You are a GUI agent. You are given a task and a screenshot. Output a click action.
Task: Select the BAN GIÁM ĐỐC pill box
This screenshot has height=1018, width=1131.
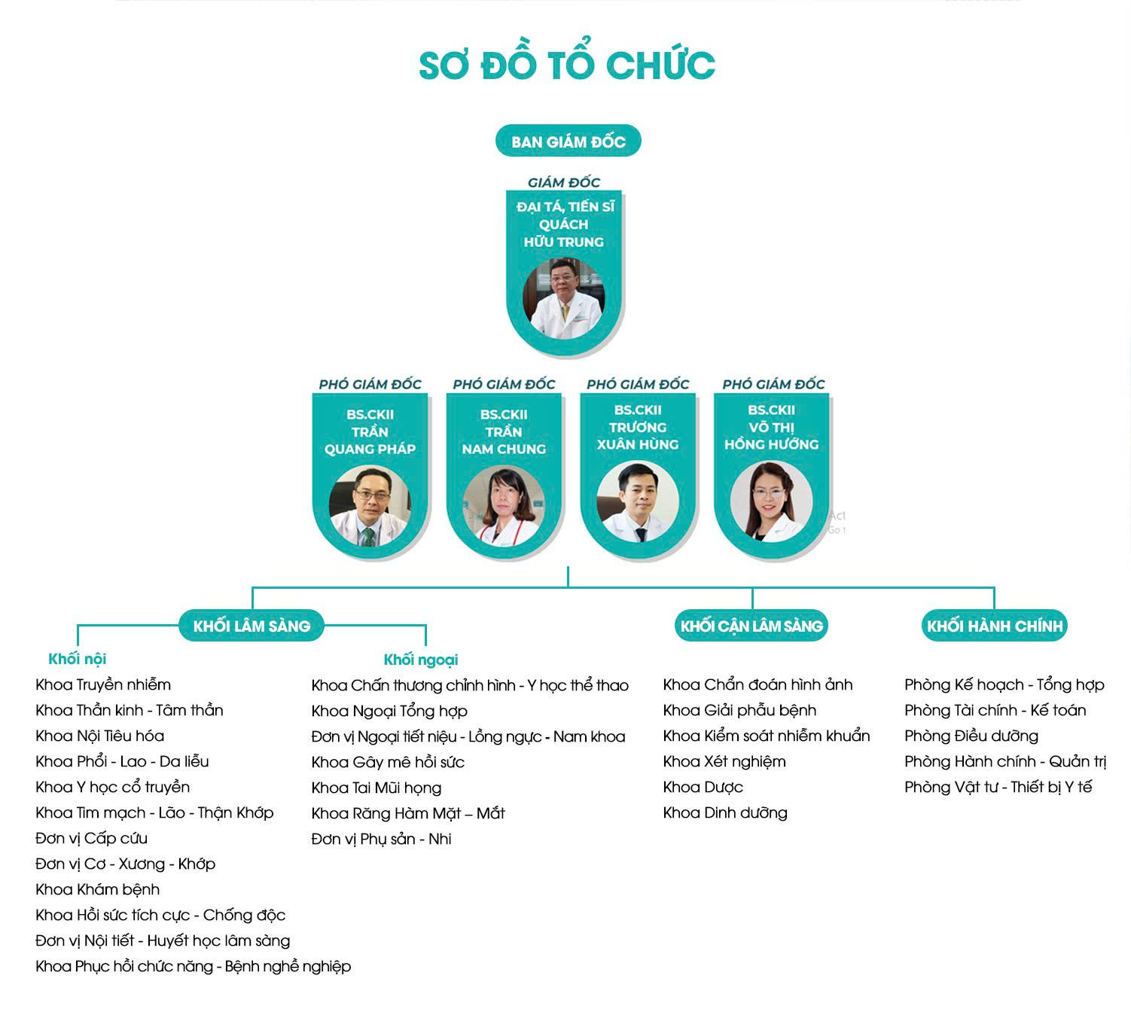(x=568, y=141)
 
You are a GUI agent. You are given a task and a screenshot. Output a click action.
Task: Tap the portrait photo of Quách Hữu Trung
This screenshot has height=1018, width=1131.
(x=563, y=298)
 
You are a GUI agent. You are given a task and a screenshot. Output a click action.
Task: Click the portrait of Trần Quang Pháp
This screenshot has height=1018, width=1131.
(x=370, y=505)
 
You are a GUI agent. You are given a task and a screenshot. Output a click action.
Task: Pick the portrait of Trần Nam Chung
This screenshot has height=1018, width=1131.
(x=504, y=505)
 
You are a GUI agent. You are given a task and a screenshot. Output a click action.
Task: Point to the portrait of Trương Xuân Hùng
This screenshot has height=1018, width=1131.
(x=638, y=501)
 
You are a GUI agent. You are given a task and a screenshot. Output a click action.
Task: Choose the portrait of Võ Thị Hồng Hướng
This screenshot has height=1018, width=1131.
(x=771, y=501)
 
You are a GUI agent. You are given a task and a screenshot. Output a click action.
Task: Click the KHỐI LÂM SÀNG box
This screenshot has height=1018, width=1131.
(x=252, y=626)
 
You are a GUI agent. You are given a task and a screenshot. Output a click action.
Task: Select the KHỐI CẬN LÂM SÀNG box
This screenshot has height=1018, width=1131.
(x=751, y=626)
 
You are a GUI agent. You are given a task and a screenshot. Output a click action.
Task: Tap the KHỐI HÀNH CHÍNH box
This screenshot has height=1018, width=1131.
(x=995, y=626)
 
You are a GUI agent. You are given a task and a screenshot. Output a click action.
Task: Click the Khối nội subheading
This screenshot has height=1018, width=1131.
(x=78, y=659)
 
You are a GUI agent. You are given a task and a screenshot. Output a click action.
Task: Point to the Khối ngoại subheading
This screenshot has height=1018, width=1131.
(x=421, y=660)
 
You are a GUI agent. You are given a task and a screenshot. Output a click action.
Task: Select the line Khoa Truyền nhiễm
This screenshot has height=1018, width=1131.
(x=103, y=684)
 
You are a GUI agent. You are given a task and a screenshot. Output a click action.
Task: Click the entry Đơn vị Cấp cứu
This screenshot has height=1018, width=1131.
(x=91, y=838)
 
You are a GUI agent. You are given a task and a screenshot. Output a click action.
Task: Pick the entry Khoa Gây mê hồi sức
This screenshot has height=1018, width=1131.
(x=388, y=762)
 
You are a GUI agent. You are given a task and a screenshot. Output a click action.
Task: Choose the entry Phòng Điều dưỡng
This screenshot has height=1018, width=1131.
(x=971, y=736)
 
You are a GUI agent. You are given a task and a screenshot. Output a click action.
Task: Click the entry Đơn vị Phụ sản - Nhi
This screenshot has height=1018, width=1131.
(x=381, y=839)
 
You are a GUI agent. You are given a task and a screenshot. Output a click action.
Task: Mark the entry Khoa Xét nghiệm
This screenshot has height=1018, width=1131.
(x=724, y=761)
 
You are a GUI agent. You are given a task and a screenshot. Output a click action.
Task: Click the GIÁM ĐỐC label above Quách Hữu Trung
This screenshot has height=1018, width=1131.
(x=564, y=182)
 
